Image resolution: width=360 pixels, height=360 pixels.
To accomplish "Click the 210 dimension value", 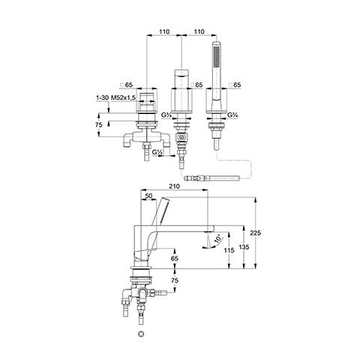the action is tap(175, 186).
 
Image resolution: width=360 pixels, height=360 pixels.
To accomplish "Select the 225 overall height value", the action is tap(256, 232).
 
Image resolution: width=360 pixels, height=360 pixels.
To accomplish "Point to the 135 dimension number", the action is tap(244, 247).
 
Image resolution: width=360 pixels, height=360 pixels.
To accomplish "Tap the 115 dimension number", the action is tap(229, 250).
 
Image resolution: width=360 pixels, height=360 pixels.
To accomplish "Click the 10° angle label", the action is tap(218, 238).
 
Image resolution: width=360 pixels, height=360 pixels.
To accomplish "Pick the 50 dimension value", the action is tap(148, 196).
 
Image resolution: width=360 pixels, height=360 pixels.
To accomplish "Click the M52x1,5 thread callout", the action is tap(123, 98).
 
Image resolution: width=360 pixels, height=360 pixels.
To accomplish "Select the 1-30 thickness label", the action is tap(103, 98).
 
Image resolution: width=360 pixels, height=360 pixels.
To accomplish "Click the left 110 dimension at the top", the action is tap(164, 31).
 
